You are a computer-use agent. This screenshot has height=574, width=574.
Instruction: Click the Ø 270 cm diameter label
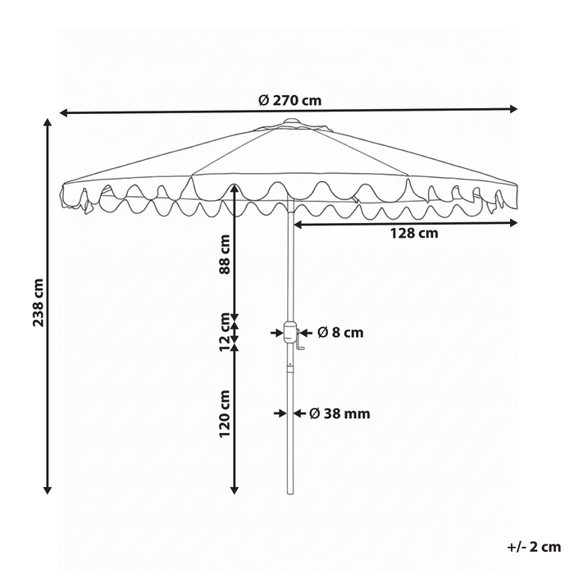(290, 100)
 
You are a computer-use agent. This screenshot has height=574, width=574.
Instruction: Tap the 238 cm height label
(38, 303)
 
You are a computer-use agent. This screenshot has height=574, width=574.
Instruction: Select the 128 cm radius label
(414, 233)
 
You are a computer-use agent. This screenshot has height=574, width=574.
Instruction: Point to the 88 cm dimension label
(224, 254)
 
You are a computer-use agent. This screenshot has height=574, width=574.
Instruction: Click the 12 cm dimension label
(224, 332)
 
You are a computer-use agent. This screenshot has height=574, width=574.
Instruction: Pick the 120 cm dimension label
(224, 413)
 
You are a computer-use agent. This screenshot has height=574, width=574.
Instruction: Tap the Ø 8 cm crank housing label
(340, 332)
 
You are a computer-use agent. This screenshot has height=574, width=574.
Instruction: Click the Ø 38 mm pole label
(339, 413)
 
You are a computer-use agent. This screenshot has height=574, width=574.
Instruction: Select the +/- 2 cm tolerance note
(534, 547)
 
